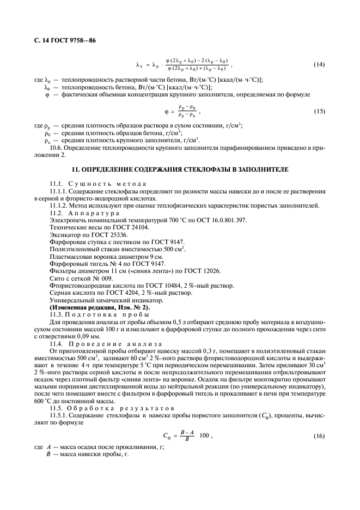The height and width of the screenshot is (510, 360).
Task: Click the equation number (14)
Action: point(320,65)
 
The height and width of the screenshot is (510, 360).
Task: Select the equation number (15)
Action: point(320,112)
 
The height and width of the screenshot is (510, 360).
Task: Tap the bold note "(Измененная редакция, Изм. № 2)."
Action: point(93,308)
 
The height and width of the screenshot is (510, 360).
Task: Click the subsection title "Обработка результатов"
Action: point(117,409)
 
